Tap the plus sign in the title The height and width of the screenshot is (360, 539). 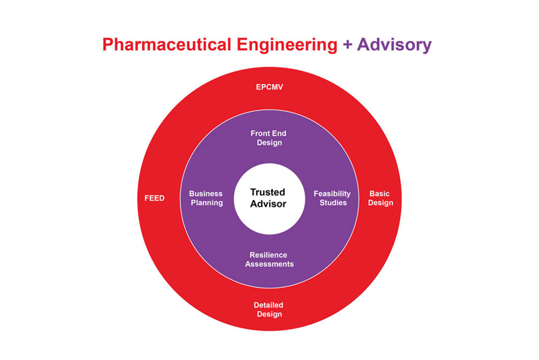(347, 45)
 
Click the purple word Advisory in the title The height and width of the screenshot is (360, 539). (394, 45)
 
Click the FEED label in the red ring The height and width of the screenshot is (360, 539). (155, 198)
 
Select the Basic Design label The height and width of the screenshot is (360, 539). (380, 198)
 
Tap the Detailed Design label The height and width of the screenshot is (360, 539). (269, 309)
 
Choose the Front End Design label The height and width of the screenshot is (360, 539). (269, 138)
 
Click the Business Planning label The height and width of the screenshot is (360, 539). (206, 198)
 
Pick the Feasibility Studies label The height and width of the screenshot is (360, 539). (332, 198)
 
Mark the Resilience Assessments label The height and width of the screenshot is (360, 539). (269, 259)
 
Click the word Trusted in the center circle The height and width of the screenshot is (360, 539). (268, 192)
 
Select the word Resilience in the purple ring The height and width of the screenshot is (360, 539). (269, 255)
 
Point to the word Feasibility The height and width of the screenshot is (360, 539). (332, 193)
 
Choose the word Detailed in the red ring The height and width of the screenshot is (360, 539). (269, 305)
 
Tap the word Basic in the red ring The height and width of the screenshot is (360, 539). (380, 193)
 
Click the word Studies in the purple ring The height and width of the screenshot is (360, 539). (333, 203)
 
